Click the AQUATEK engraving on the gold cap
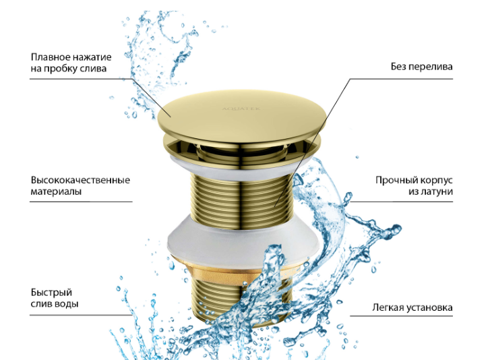(x=241, y=109)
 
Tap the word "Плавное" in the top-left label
(x=51, y=57)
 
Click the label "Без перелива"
(x=421, y=67)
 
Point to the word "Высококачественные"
(x=80, y=180)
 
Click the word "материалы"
(x=56, y=191)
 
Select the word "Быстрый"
(x=51, y=293)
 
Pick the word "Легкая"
(x=388, y=307)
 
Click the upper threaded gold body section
(x=241, y=196)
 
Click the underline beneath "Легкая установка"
(x=401, y=316)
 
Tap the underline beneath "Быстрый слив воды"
(x=82, y=316)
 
